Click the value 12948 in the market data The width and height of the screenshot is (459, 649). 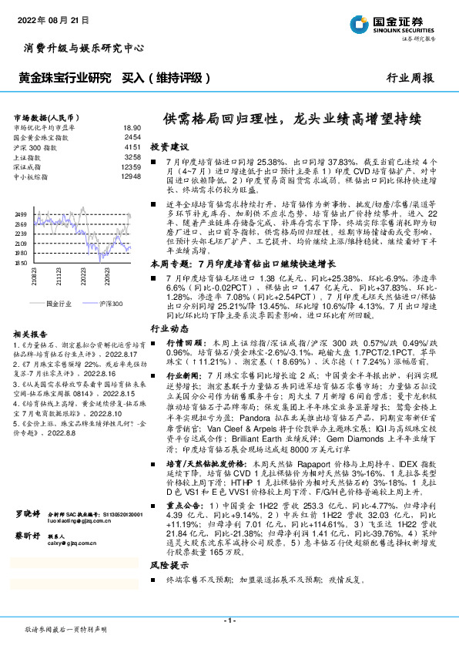tap(130, 176)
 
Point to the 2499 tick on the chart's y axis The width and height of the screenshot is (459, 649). tap(20, 214)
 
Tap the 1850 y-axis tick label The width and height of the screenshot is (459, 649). tap(20, 263)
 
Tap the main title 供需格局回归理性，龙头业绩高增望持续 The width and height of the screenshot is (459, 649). tap(290, 119)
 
